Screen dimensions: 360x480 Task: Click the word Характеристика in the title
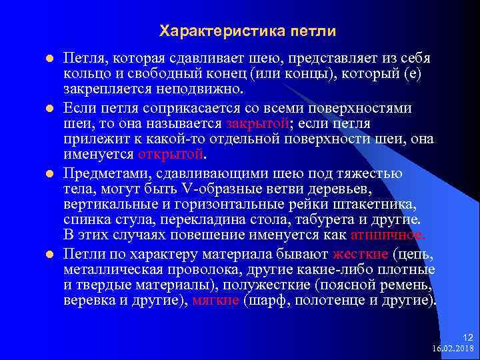click(x=215, y=31)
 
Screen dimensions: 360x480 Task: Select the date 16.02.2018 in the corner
click(x=453, y=348)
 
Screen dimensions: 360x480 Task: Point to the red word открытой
click(x=170, y=155)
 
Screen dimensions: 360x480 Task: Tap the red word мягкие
click(x=216, y=300)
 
